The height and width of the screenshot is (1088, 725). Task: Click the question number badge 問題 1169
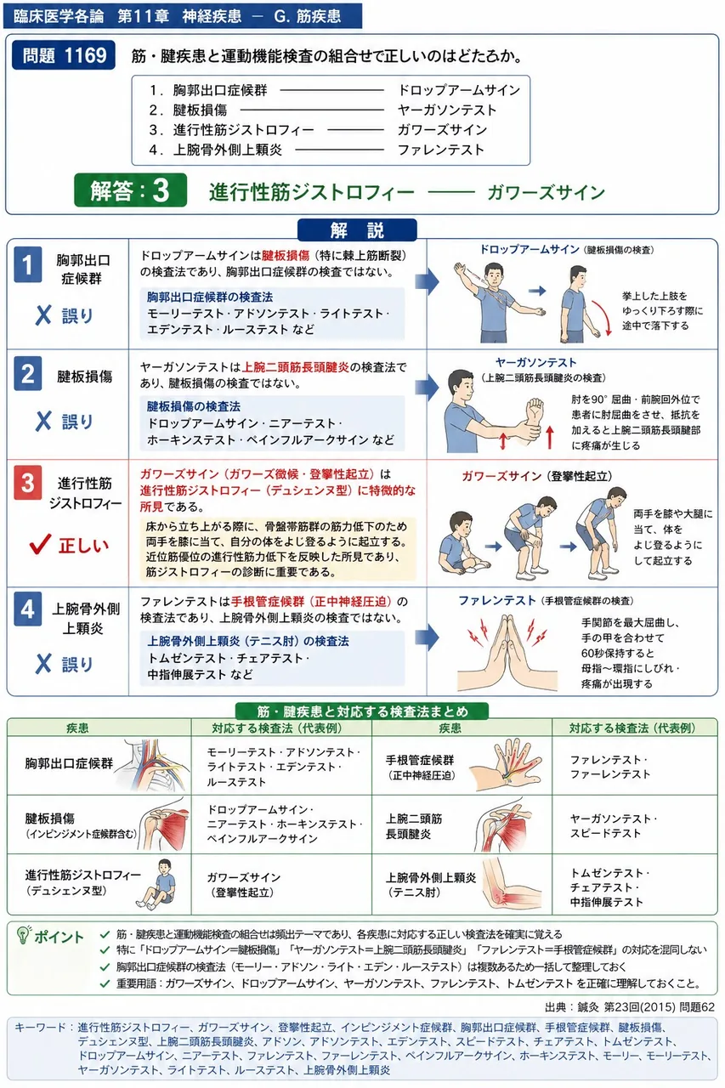point(64,55)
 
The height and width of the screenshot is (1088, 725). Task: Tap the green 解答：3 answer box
point(130,190)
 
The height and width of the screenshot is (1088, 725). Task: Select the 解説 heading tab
point(357,229)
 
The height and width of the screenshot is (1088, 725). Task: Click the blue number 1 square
point(28,264)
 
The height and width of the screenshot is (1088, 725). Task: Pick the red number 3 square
point(28,482)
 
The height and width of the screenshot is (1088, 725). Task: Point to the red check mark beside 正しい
point(40,544)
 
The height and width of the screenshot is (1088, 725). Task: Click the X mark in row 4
point(43,664)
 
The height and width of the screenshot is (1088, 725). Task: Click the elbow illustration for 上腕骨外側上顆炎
point(512,886)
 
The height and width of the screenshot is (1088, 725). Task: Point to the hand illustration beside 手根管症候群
point(508,765)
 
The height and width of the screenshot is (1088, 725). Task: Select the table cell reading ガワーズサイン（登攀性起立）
point(243,885)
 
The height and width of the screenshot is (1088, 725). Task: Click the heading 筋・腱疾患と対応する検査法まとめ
point(362,711)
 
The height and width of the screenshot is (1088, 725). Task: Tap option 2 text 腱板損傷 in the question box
point(199,110)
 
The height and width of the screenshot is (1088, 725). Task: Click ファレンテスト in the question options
point(441,150)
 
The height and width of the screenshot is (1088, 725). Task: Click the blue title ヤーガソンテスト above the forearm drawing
point(535,362)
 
